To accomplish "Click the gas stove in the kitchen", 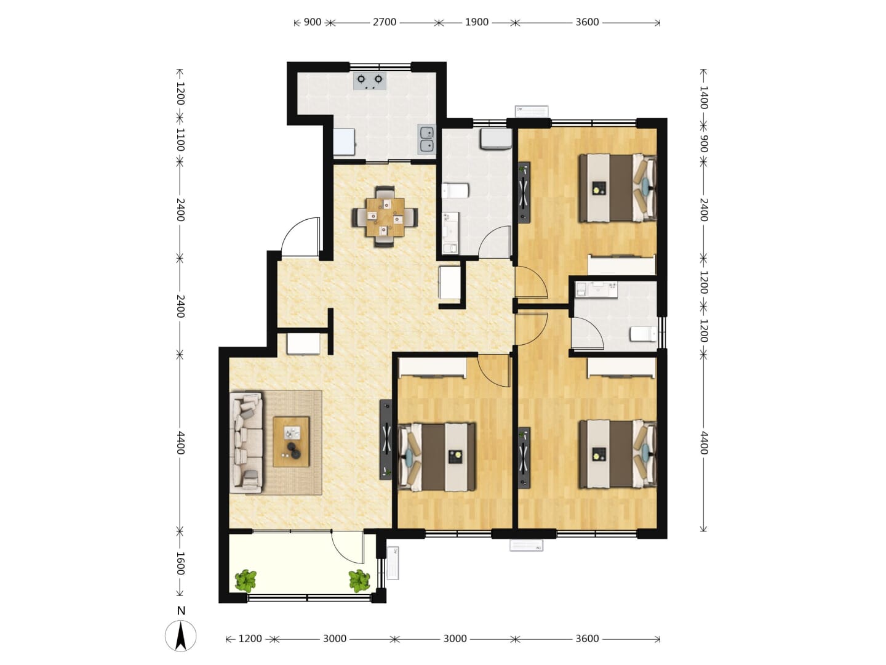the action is click(369, 81).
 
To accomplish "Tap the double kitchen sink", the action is click(426, 139).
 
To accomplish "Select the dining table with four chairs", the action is click(385, 216).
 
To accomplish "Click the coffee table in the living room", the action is click(291, 441).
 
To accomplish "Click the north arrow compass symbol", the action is click(180, 635).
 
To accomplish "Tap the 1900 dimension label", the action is click(476, 22).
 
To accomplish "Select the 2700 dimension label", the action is click(385, 22).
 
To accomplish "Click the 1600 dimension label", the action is click(180, 563).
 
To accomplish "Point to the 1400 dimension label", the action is click(703, 97).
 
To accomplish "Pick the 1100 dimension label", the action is click(180, 140).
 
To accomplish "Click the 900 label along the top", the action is click(313, 22).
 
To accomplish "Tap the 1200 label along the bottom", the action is click(250, 639).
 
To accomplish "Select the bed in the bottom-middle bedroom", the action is click(437, 457).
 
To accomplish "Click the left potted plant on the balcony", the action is click(245, 581).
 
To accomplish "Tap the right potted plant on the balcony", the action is click(359, 581).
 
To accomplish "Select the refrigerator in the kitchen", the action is click(344, 142).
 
